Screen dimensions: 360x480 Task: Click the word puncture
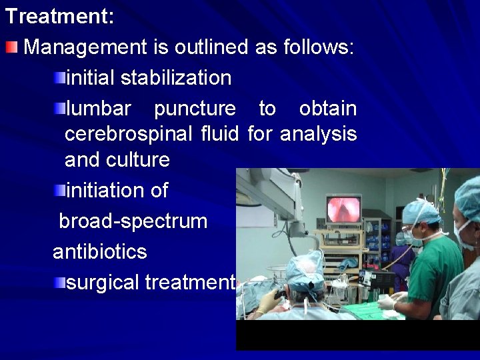coord(195,108)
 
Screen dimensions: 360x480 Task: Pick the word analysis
coord(318,134)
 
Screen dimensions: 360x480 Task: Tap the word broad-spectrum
coord(133,221)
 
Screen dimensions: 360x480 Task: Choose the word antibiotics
coord(100,252)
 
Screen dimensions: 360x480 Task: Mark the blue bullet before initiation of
coord(60,191)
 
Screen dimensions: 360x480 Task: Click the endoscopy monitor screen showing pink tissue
coord(343,209)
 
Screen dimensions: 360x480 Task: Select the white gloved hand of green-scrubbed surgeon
coord(388,302)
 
